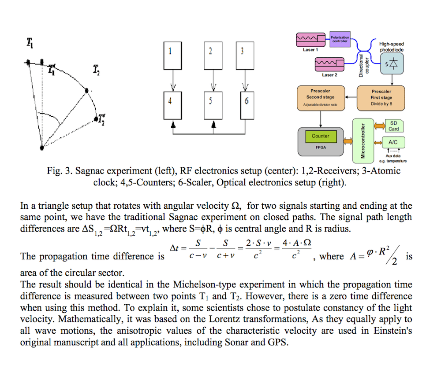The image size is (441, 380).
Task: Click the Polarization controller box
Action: [340, 39]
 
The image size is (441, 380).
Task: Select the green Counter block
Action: [321, 136]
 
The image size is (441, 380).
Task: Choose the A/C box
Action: [393, 143]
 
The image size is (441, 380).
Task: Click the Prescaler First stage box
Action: [381, 98]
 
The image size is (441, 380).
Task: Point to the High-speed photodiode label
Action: [391, 47]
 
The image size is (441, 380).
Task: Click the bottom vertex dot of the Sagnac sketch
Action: [42, 148]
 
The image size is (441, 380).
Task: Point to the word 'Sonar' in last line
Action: [233, 342]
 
